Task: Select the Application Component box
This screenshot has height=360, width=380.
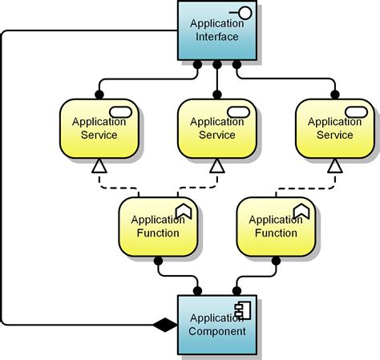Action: pos(216,325)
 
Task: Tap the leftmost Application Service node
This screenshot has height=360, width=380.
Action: pos(99,128)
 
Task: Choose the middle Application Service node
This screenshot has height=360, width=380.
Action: pos(216,128)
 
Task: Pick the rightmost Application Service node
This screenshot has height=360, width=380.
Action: pos(334,128)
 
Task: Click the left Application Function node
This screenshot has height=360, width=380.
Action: pos(158,226)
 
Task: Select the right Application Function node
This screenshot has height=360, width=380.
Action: pos(275,226)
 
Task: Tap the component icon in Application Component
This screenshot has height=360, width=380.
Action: pos(242,310)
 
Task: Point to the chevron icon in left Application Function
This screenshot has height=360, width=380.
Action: pos(184,211)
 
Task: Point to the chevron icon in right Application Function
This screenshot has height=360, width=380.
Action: pos(301,211)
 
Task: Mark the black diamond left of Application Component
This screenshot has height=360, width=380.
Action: pos(164,325)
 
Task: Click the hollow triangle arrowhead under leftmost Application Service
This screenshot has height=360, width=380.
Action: pos(99,166)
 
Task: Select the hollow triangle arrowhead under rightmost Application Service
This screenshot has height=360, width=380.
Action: pos(334,166)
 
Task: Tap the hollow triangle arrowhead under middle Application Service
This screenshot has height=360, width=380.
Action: pos(216,166)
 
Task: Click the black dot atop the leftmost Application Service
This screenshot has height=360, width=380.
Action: pos(99,95)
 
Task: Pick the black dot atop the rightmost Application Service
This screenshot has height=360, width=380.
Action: pos(334,95)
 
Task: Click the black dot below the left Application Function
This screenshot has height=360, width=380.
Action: pos(158,261)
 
